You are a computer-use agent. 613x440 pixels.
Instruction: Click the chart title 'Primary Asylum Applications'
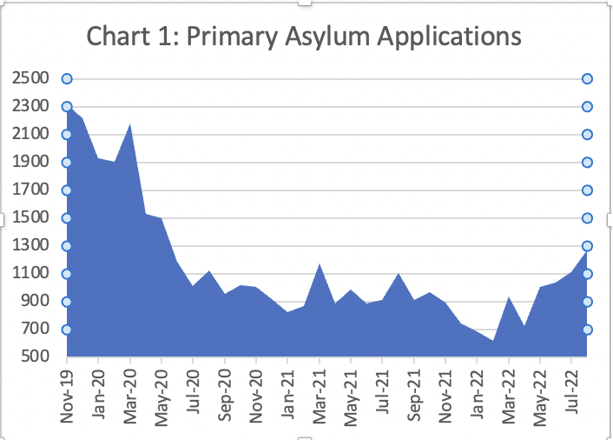303,37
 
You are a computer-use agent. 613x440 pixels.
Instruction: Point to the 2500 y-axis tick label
30,79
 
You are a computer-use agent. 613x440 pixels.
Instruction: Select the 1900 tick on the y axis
30,163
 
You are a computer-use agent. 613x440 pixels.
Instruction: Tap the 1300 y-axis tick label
30,246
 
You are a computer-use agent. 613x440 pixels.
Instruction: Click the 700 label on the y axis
34,330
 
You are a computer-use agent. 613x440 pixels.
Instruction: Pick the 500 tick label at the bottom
34,357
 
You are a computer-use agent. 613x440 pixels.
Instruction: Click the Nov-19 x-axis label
68,395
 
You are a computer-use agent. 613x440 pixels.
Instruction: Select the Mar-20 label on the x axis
131,395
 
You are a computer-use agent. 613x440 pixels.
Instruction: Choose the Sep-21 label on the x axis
415,395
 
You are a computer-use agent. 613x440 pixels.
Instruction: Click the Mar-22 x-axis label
510,395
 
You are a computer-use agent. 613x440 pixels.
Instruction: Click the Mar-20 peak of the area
130,125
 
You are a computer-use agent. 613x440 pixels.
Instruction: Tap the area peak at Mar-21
320,264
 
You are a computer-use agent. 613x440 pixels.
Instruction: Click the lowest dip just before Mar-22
493,341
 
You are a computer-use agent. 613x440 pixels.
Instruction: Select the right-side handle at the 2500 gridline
587,79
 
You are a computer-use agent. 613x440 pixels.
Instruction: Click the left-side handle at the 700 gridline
67,330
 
